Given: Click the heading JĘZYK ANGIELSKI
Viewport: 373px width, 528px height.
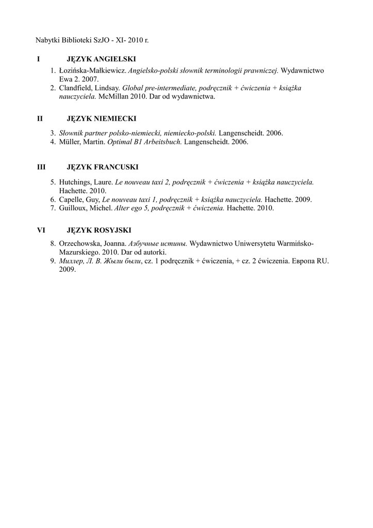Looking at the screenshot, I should pos(101,59).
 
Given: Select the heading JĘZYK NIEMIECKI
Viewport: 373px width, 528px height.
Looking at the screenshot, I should pos(100,119).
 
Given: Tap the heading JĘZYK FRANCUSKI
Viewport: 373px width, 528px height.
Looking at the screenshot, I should pos(103,167).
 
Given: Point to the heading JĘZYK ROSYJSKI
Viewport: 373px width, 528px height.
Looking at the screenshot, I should pos(99,230).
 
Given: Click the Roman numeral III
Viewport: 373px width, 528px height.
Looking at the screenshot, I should pos(41,167).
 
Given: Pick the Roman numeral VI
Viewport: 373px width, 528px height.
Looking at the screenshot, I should pos(41,230).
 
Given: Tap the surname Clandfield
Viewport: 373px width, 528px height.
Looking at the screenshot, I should pos(76,88).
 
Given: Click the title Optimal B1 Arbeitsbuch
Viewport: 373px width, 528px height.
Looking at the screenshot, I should pos(145,142).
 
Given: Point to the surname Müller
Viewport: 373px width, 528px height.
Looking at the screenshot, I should pos(69,142).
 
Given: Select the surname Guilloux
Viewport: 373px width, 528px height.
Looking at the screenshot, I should pos(73,208).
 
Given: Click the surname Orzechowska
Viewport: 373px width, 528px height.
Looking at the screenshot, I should pos(81,244).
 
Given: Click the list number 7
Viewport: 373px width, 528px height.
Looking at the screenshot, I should pos(53,208).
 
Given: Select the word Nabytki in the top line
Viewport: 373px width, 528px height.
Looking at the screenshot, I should pos(47,40).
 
